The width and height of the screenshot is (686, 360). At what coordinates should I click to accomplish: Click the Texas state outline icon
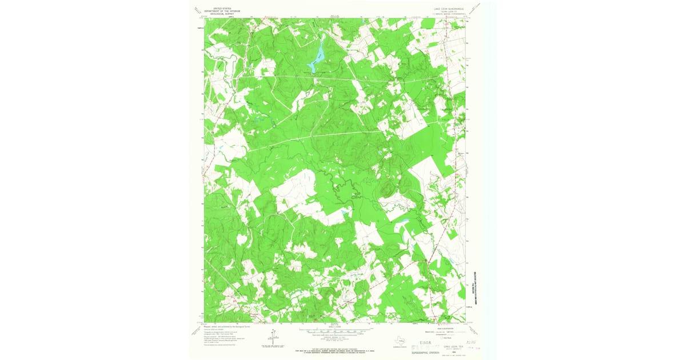pos(401,341)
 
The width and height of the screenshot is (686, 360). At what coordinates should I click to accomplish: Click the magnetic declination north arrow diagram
pos(273,337)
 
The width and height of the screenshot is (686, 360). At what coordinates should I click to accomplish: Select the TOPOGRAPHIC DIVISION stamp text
pos(425,353)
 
